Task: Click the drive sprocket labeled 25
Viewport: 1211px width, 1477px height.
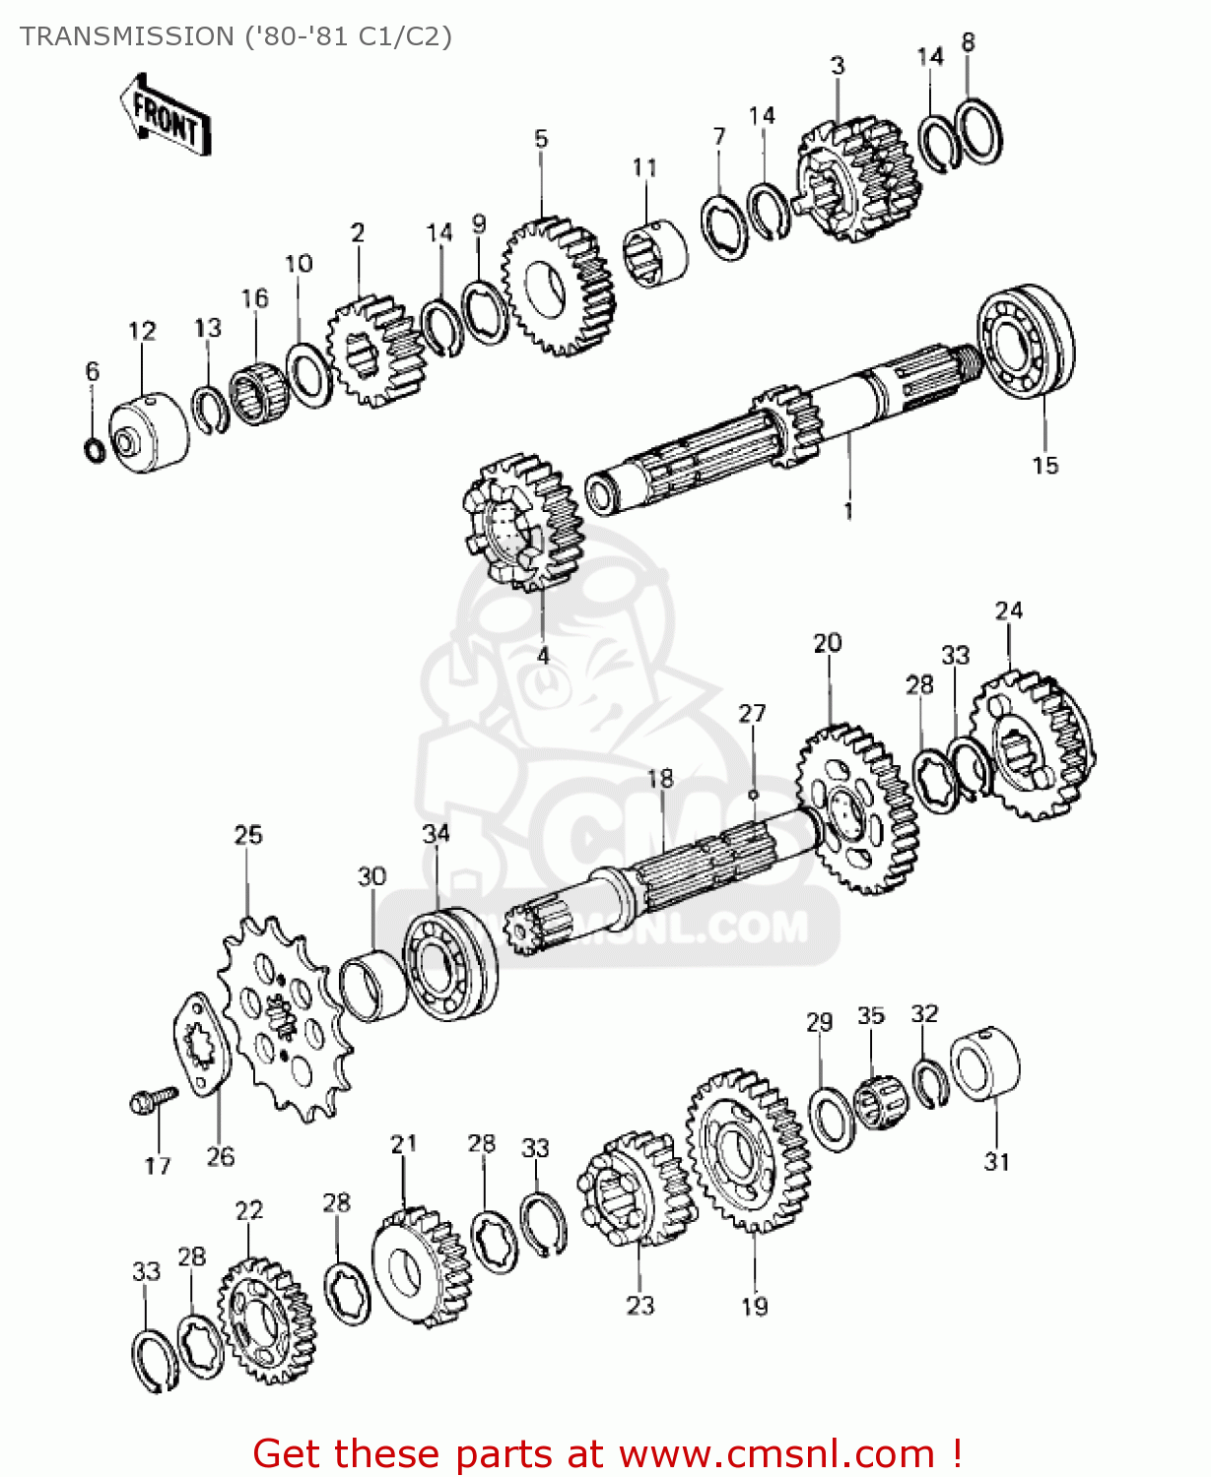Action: coord(284,1019)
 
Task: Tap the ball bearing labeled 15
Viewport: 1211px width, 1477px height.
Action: coord(1026,341)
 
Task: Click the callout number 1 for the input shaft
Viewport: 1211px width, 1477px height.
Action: coord(847,511)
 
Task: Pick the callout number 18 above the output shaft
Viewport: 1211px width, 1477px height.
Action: coord(659,779)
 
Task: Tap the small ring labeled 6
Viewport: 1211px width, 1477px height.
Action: coord(94,450)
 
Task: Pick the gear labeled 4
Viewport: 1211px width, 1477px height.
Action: coord(522,522)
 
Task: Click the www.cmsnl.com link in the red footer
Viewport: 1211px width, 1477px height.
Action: coord(776,1453)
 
